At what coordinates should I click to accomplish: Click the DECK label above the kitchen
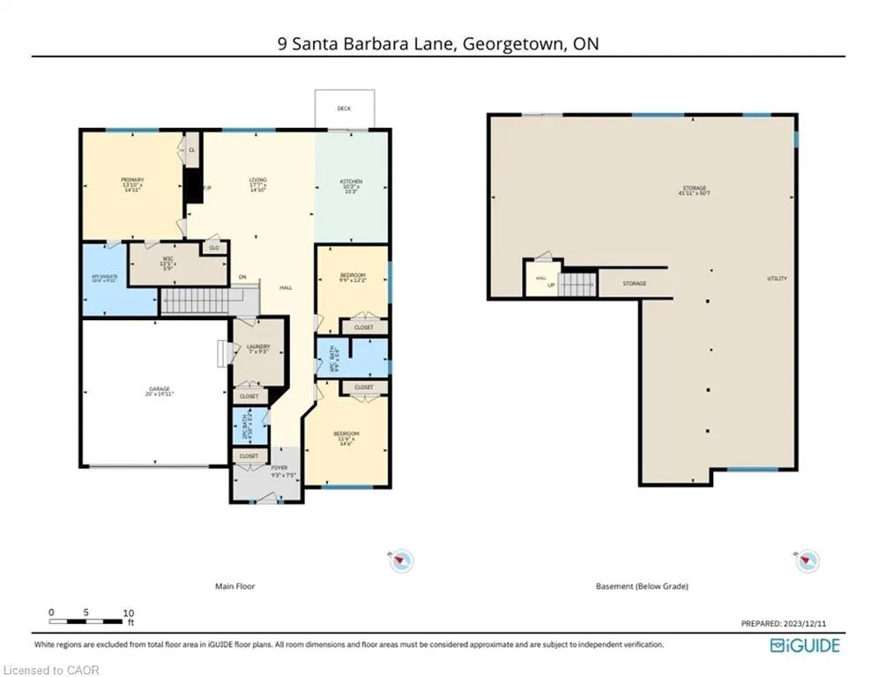coord(344,108)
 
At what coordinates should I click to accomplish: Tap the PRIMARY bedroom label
coord(132,180)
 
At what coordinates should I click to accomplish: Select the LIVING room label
coord(256,180)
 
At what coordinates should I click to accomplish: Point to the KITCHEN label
coord(352,182)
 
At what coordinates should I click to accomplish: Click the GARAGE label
coord(159,389)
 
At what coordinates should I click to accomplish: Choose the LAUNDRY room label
coord(258,346)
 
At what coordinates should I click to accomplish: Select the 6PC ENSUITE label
coord(105,278)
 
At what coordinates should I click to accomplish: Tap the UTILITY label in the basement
coord(777,279)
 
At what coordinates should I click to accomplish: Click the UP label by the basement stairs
coord(552,286)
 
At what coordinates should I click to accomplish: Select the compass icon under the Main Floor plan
coord(401,560)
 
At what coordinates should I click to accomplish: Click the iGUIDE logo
coord(805,645)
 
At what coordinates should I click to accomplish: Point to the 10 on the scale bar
coord(129,612)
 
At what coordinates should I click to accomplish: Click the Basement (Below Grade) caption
coord(642,586)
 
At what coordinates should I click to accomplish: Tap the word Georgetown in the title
coord(508,43)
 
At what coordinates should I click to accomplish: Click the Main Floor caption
coord(234,586)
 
